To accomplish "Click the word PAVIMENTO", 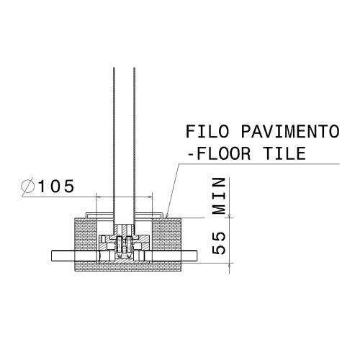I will coord(291,132).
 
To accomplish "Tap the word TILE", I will coord(282,153).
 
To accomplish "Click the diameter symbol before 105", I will coord(30,186).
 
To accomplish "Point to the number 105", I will coord(56,186).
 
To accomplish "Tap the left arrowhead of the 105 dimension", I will coord(97,195).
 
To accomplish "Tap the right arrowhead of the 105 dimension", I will coord(150,195).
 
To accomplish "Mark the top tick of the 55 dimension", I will coord(230,217).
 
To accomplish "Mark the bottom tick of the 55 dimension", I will coord(230,264).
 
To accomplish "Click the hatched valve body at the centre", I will coord(124,247).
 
